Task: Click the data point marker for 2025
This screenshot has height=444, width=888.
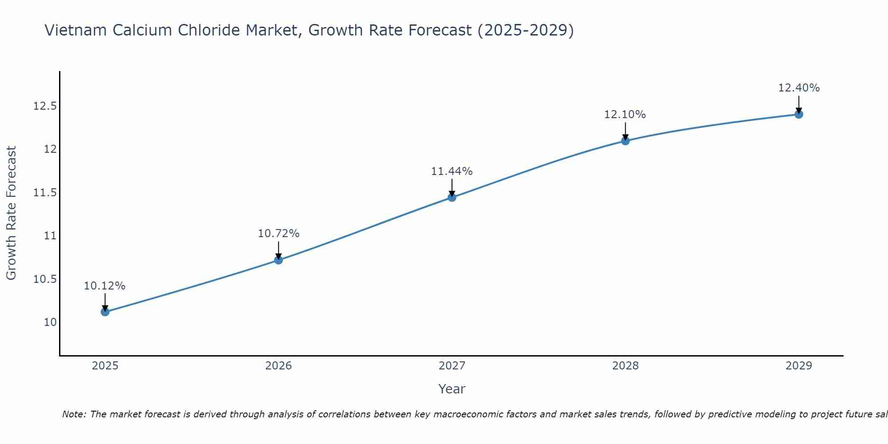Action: pyautogui.click(x=105, y=312)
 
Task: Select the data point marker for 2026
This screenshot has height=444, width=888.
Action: pyautogui.click(x=278, y=260)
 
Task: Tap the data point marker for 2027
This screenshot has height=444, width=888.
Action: pyautogui.click(x=452, y=197)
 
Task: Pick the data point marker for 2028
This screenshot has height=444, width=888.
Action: pyautogui.click(x=625, y=141)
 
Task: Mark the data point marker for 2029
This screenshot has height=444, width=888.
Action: pyautogui.click(x=799, y=114)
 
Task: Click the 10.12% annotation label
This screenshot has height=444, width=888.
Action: pyautogui.click(x=105, y=286)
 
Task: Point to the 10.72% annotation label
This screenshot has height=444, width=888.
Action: pyautogui.click(x=278, y=234)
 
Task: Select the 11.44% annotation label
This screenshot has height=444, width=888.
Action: pyautogui.click(x=452, y=171)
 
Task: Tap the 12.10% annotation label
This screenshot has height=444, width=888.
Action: pyautogui.click(x=625, y=115)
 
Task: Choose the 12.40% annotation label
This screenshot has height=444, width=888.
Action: pyautogui.click(x=799, y=88)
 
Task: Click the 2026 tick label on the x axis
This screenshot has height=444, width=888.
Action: pyautogui.click(x=278, y=366)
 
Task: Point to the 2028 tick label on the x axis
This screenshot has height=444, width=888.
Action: pyautogui.click(x=625, y=366)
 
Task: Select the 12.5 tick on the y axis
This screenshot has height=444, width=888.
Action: pyautogui.click(x=45, y=106)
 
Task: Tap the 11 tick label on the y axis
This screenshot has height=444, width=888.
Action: pyautogui.click(x=50, y=236)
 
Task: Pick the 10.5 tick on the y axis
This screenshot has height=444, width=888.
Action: pyautogui.click(x=45, y=279)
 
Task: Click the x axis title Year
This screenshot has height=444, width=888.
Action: pyautogui.click(x=452, y=389)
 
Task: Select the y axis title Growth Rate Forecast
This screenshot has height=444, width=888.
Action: pyautogui.click(x=11, y=213)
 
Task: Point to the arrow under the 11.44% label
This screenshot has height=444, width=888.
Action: pyautogui.click(x=452, y=187)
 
